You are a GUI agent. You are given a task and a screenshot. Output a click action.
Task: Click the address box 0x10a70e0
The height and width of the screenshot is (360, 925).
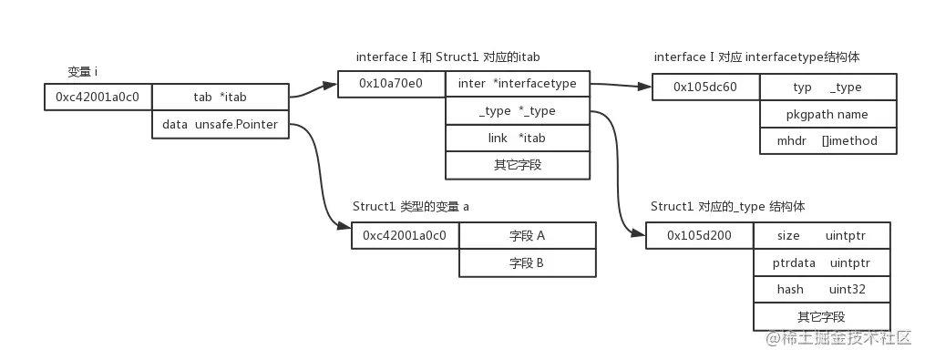(x=391, y=84)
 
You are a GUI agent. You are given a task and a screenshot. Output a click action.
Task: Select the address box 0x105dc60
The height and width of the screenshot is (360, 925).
(x=704, y=87)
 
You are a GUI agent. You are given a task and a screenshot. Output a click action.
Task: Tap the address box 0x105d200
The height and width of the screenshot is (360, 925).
(x=699, y=235)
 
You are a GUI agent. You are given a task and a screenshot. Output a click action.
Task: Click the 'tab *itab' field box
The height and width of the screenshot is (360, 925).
(x=221, y=98)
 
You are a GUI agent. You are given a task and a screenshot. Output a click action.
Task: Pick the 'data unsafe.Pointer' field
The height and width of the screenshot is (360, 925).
(x=221, y=124)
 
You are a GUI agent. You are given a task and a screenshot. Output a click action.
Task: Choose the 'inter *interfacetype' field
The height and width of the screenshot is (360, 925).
(x=517, y=84)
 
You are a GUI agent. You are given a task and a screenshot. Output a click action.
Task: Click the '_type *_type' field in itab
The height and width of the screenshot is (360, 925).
(x=517, y=111)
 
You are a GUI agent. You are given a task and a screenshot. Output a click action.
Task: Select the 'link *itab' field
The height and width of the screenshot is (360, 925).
(x=517, y=138)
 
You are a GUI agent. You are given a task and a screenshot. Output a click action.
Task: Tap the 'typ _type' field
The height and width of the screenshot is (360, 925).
(x=827, y=87)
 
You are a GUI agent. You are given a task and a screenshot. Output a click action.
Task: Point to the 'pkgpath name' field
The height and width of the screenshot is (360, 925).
(x=827, y=114)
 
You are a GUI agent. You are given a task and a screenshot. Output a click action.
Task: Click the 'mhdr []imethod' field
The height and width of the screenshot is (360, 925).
(x=827, y=141)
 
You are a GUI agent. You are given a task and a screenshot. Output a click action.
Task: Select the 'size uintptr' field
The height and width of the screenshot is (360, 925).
(x=821, y=235)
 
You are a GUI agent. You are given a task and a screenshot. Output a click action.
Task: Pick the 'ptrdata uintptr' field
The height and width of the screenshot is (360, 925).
(x=821, y=262)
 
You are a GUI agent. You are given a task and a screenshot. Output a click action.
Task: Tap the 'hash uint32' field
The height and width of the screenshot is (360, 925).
(x=821, y=289)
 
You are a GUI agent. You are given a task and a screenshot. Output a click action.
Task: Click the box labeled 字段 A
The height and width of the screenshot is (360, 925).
(x=527, y=235)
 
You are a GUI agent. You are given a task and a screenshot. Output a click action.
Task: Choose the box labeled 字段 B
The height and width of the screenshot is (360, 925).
(x=527, y=262)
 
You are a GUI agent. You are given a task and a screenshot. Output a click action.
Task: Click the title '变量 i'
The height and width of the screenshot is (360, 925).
(x=83, y=72)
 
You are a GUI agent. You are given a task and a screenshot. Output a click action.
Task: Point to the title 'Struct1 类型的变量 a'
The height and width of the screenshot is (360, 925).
(x=411, y=207)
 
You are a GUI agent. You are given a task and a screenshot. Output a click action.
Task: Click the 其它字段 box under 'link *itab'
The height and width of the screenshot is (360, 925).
(x=517, y=165)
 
